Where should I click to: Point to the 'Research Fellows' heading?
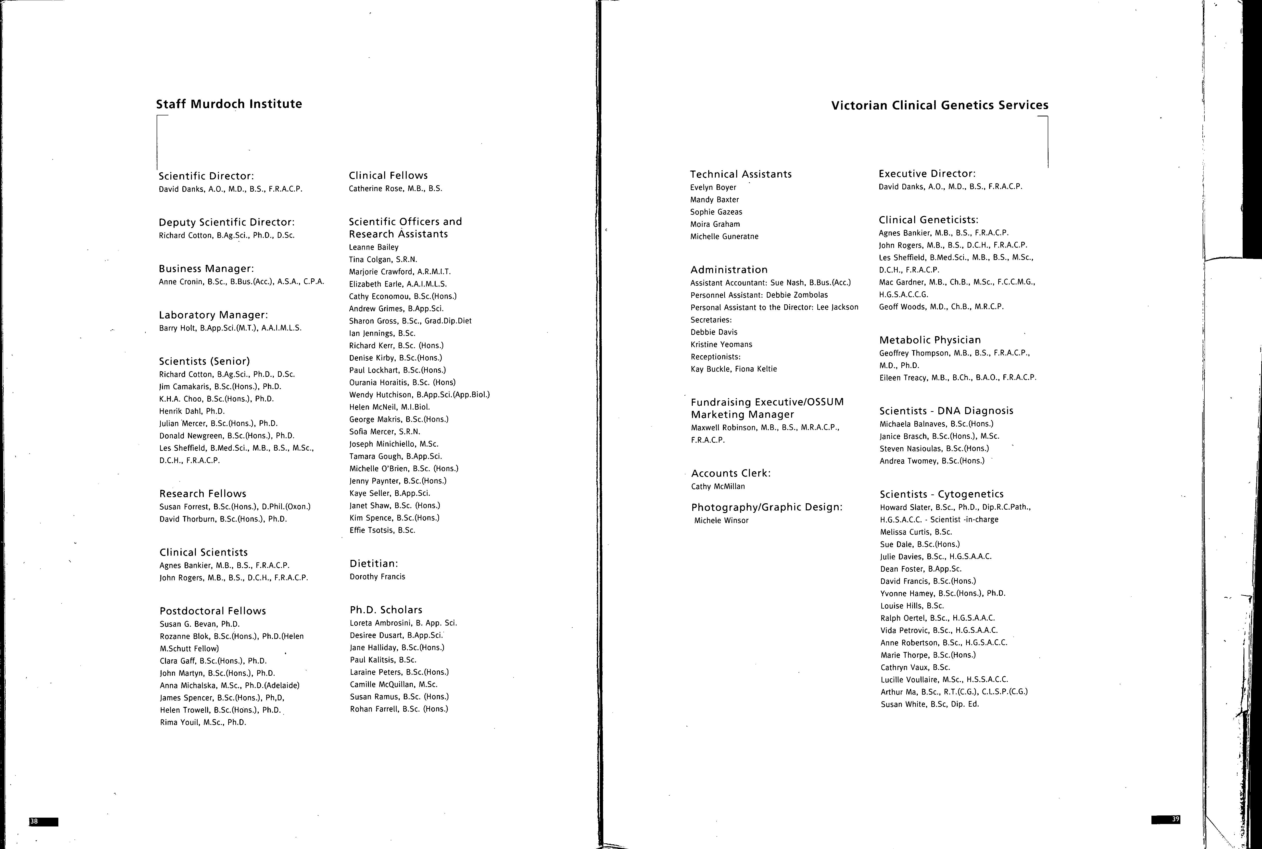point(202,493)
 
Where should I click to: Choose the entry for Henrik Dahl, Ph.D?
point(192,411)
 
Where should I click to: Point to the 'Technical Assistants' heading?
point(740,174)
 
